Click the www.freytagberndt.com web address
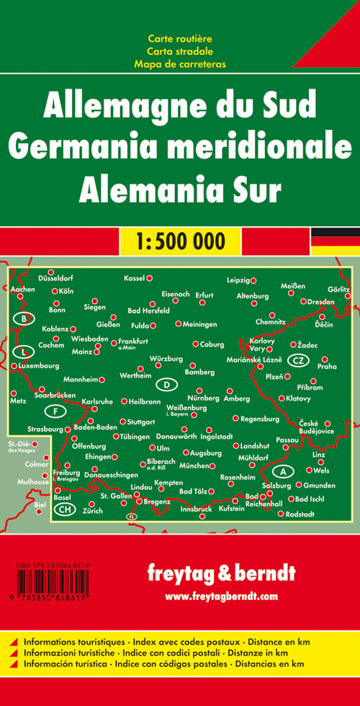tap(221, 596)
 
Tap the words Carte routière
tap(180, 37)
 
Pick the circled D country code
tap(166, 385)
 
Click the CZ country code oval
tap(297, 359)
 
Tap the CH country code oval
tap(66, 509)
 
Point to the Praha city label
tap(327, 367)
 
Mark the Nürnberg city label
tap(204, 398)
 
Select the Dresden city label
tap(321, 301)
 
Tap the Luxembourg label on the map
tap(40, 366)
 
